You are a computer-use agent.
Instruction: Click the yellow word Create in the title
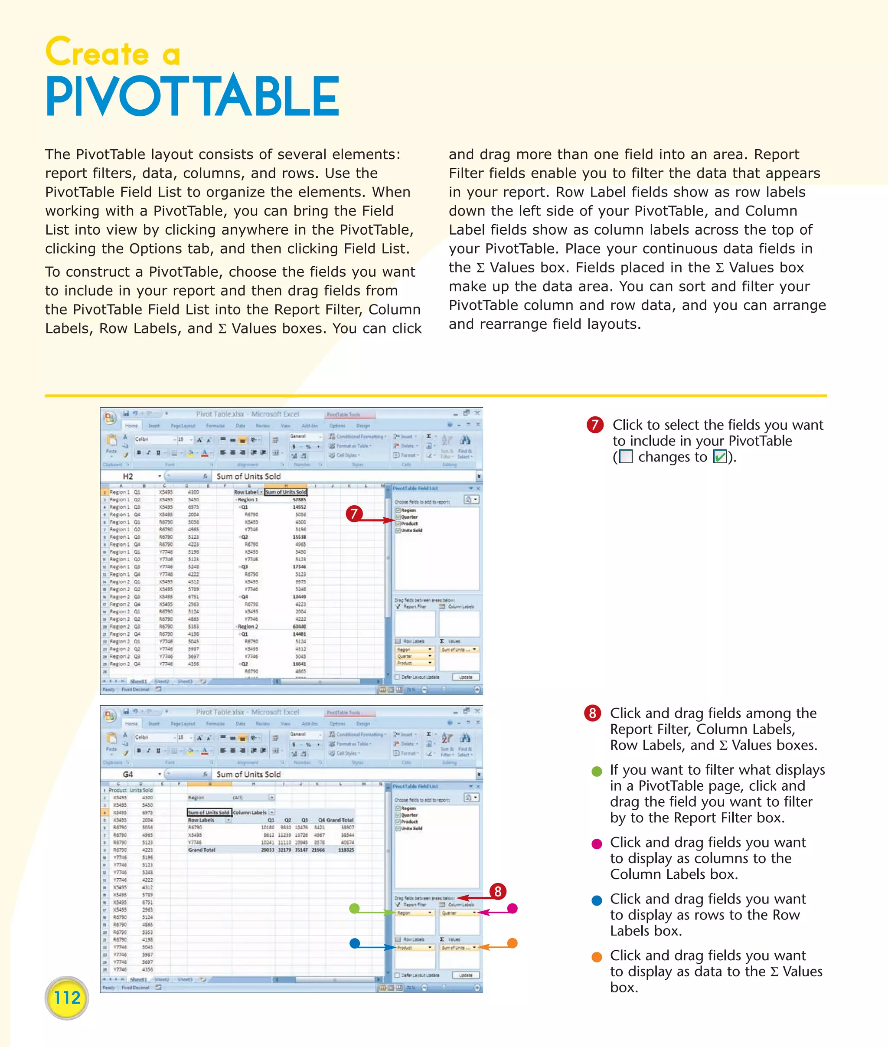(97, 52)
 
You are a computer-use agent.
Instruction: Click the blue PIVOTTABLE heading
(193, 97)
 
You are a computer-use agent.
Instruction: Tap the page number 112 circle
(66, 998)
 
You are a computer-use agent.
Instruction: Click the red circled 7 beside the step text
(595, 425)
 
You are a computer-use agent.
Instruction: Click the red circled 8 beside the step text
(592, 713)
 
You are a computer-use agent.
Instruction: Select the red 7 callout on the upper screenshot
(354, 514)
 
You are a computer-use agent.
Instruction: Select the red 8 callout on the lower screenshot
(498, 891)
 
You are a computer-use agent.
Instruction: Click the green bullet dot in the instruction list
(597, 772)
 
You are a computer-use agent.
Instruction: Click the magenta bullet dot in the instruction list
(597, 844)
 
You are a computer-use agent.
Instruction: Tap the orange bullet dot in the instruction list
(597, 957)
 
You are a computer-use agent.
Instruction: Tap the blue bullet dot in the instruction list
(597, 901)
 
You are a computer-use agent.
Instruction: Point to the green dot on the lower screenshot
(354, 908)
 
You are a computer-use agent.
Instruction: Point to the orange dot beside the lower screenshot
(512, 943)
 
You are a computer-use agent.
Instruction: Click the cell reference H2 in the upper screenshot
(128, 476)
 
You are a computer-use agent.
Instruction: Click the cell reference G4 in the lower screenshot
(128, 775)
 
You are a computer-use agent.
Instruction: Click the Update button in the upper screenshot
(466, 677)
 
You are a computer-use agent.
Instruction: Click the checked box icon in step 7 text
(720, 457)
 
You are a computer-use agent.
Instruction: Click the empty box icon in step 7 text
(625, 457)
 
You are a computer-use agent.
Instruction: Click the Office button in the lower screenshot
(109, 716)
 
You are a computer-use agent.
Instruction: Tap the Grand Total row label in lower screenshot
(201, 850)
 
